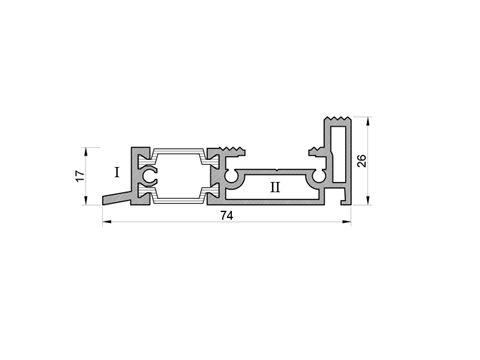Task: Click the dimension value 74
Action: pos(227,216)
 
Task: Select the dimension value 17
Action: pos(80,176)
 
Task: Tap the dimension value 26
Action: pos(362,161)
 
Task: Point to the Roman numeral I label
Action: pos(117,172)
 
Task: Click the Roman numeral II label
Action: pos(275,187)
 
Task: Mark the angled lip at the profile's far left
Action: pos(116,199)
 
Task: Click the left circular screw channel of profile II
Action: pos(230,177)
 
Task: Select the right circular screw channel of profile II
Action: pos(319,177)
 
